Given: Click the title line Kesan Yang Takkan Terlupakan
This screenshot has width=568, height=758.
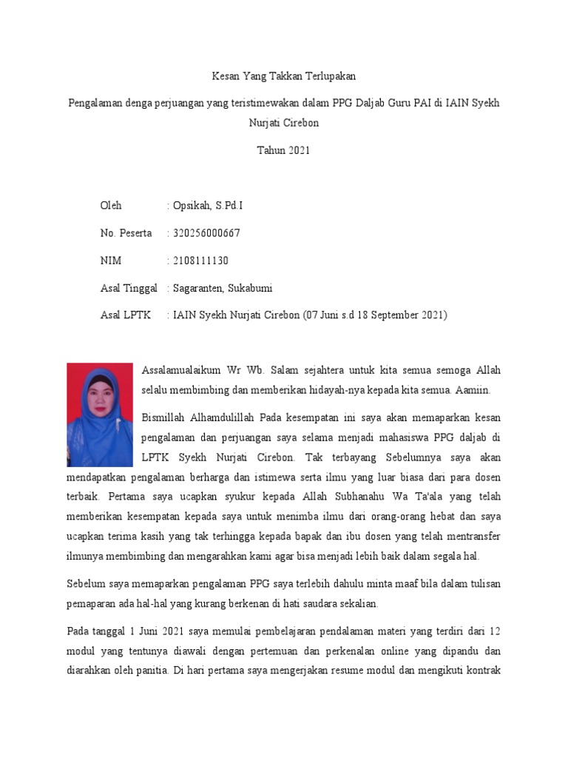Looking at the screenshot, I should (x=283, y=76).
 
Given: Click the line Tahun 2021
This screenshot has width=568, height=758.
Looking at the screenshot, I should (x=283, y=150).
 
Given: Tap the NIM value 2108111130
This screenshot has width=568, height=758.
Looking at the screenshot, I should (x=200, y=261).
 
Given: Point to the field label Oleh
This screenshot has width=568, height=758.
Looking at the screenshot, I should (x=111, y=206).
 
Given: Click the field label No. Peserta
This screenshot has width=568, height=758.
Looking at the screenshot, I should (x=126, y=233).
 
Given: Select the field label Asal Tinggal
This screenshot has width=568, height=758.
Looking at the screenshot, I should (x=129, y=288).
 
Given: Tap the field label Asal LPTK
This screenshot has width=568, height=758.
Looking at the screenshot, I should (x=125, y=315).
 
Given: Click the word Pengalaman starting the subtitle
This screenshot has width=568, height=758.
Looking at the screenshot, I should (x=94, y=103).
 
